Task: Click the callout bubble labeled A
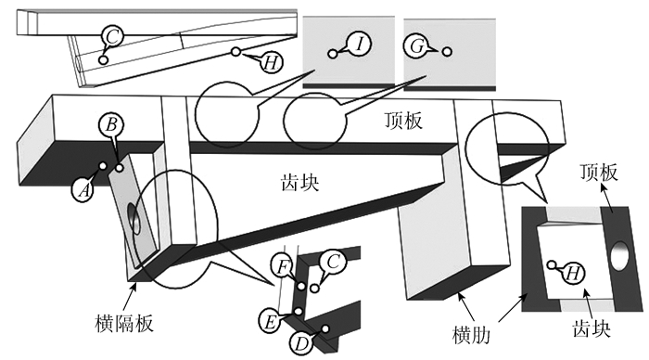(x=83, y=191)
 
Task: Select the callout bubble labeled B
(x=111, y=124)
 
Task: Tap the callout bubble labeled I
(x=359, y=43)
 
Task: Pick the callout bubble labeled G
(x=416, y=46)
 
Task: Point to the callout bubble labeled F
(x=282, y=266)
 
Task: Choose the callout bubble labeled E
(x=270, y=321)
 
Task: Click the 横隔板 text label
(x=124, y=323)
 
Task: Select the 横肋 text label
(x=472, y=335)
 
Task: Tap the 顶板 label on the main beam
(x=403, y=121)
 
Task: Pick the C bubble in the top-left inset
(x=112, y=36)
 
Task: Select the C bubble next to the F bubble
(x=333, y=262)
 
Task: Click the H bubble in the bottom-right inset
(x=573, y=273)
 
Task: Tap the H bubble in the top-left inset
(x=271, y=62)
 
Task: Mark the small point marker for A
(x=102, y=166)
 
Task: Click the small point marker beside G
(x=447, y=51)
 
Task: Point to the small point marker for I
(x=332, y=54)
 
